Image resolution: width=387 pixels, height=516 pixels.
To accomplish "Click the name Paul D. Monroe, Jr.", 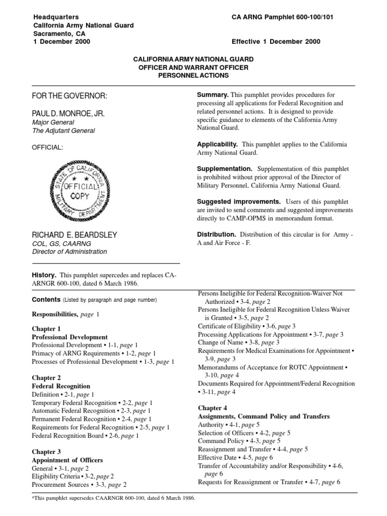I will pyautogui.click(x=69, y=114).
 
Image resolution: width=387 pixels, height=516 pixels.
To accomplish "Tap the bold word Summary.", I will pyautogui.click(x=213, y=95).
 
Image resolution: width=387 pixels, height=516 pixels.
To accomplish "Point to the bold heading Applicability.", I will pyautogui.click(x=217, y=144).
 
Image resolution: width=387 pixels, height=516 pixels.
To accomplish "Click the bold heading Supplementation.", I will pyautogui.click(x=224, y=169).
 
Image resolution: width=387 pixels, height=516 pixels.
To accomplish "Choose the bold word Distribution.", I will pyautogui.click(x=216, y=234).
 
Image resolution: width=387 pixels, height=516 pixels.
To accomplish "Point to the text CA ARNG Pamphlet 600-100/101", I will pyautogui.click(x=282, y=17).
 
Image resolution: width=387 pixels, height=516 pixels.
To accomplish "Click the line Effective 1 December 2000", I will pyautogui.click(x=276, y=42).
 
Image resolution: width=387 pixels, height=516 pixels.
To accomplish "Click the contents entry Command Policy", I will pyautogui.click(x=223, y=441).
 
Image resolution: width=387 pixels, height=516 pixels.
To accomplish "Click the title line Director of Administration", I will pyautogui.click(x=70, y=251).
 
